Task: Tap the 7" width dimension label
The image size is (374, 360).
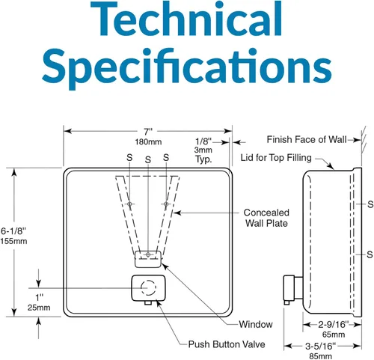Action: (x=148, y=131)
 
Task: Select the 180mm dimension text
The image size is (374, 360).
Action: (x=148, y=142)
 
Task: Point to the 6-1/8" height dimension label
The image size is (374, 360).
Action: (x=13, y=231)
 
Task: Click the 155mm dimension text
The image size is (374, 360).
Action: (x=13, y=241)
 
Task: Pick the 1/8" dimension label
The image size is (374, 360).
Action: (x=203, y=141)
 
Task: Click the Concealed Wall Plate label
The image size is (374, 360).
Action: (x=266, y=218)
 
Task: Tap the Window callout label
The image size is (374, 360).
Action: (x=256, y=324)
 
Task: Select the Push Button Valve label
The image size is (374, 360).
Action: (x=227, y=344)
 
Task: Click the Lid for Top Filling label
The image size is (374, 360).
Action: (x=276, y=158)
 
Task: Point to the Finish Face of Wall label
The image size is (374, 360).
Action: (x=307, y=139)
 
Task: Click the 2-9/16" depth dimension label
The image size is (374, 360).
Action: (x=333, y=325)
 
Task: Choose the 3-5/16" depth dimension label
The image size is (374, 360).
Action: (x=321, y=346)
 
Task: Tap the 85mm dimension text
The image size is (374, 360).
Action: (x=321, y=356)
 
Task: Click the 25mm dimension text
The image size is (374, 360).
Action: (x=39, y=308)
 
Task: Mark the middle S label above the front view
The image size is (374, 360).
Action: (x=148, y=159)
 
